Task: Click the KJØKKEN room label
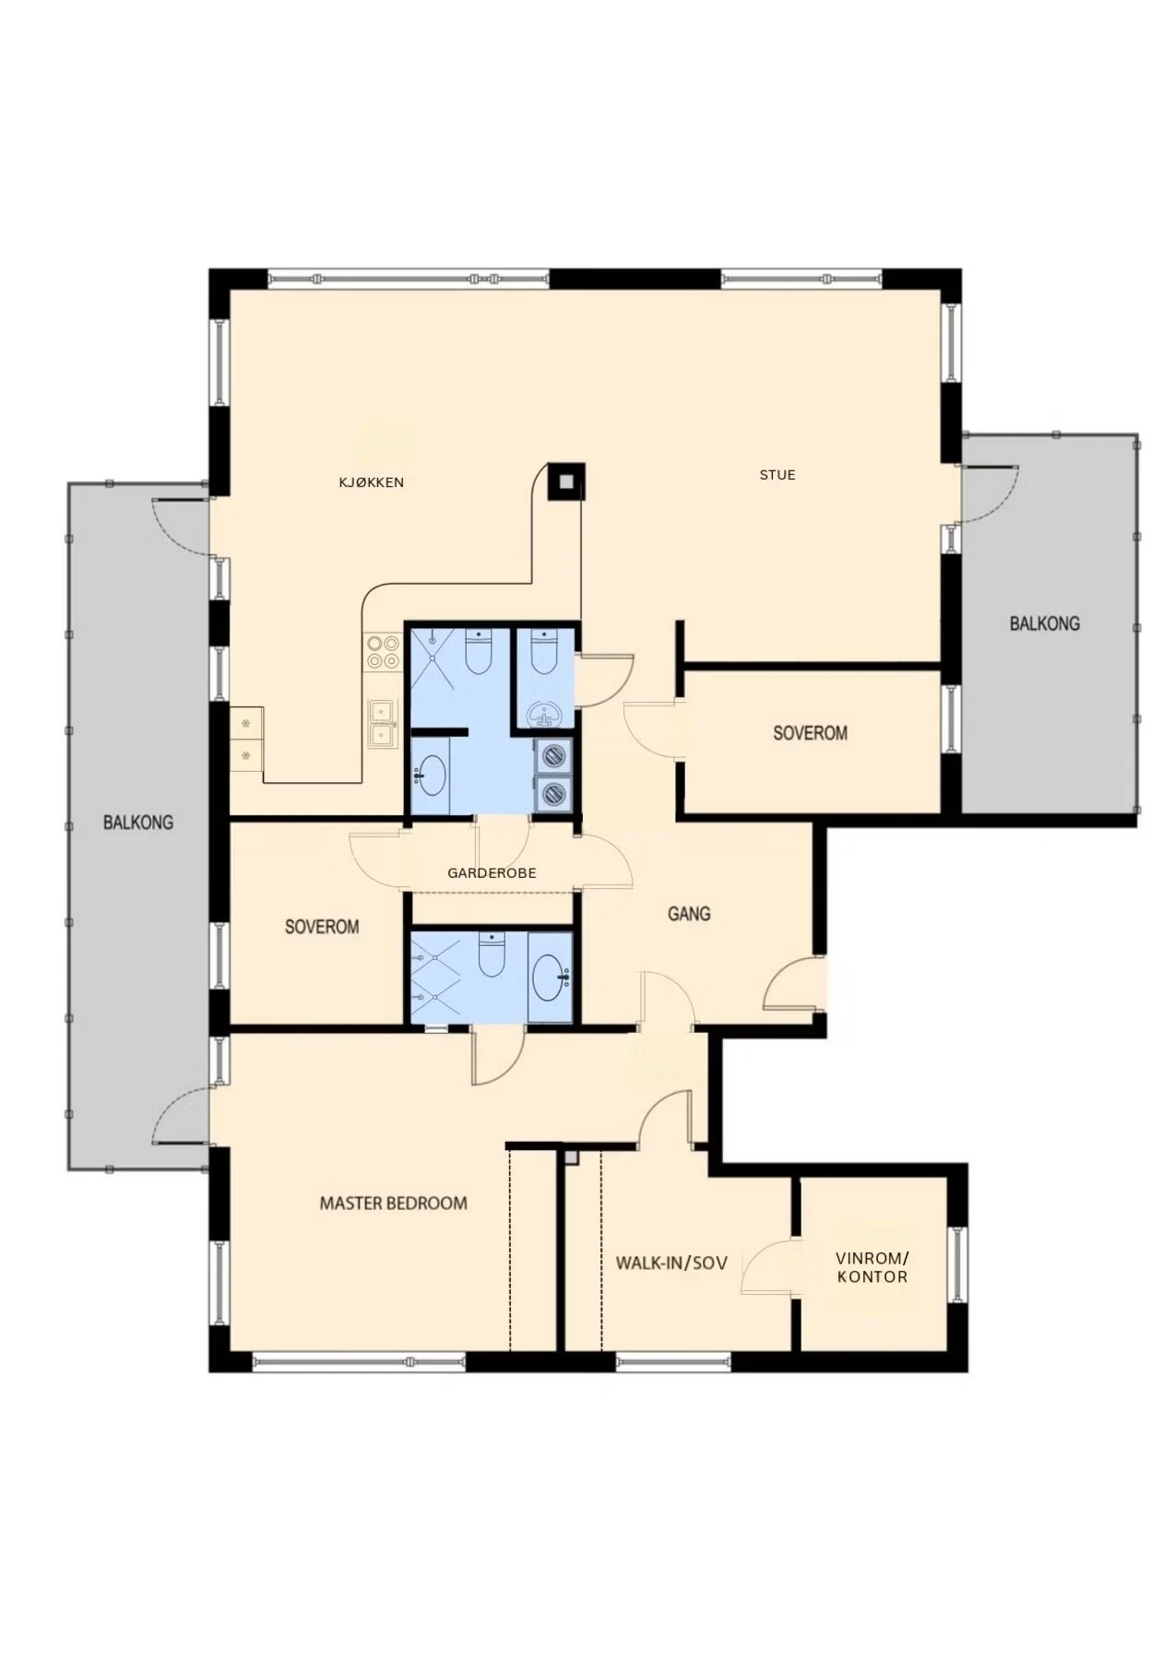point(371,482)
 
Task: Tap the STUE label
point(777,475)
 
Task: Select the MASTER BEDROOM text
point(393,1203)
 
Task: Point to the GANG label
point(689,914)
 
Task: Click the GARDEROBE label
point(492,872)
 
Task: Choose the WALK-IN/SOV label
point(671,1263)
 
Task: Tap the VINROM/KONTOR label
point(872,1267)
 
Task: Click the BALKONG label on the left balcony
point(138,822)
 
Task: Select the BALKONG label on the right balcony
point(1044,623)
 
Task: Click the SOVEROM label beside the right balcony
point(810,733)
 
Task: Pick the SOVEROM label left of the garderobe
point(322,927)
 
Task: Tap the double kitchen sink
point(383,723)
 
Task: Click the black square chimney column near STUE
point(565,480)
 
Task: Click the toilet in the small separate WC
point(545,651)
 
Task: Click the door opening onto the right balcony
point(989,494)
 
